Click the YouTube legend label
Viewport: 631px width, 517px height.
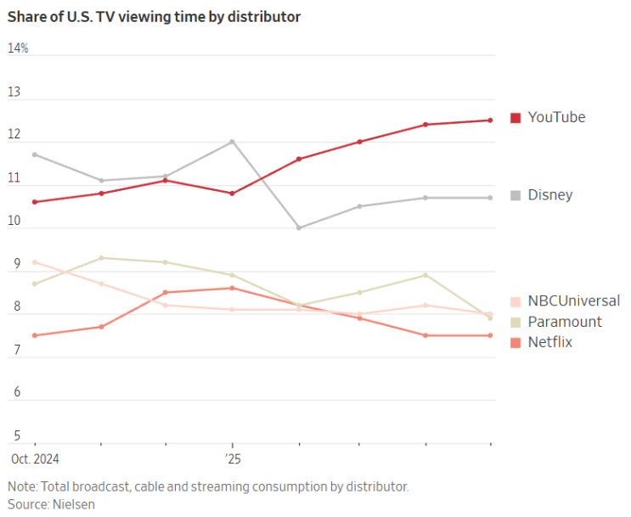pos(556,117)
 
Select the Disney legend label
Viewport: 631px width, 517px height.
pos(550,195)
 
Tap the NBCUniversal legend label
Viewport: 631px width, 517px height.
pos(573,301)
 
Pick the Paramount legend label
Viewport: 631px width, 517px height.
pos(565,322)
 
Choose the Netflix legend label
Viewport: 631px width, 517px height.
pos(550,342)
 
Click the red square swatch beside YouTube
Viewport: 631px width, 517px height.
pos(516,117)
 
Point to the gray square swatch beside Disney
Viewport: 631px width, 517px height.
pos(516,195)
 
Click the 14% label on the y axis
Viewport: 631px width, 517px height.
pos(18,48)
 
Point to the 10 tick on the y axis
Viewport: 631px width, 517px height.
pos(14,221)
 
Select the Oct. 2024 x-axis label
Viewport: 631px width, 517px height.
pos(34,459)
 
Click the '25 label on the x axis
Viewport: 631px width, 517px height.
pos(232,459)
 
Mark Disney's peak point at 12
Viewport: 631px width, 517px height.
pos(232,142)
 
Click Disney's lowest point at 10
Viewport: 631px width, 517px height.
pos(298,228)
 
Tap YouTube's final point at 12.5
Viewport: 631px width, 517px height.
pos(490,120)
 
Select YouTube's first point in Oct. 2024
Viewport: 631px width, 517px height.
pos(35,202)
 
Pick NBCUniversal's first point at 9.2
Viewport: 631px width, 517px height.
pos(35,262)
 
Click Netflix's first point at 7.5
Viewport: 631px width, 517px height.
pos(35,335)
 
